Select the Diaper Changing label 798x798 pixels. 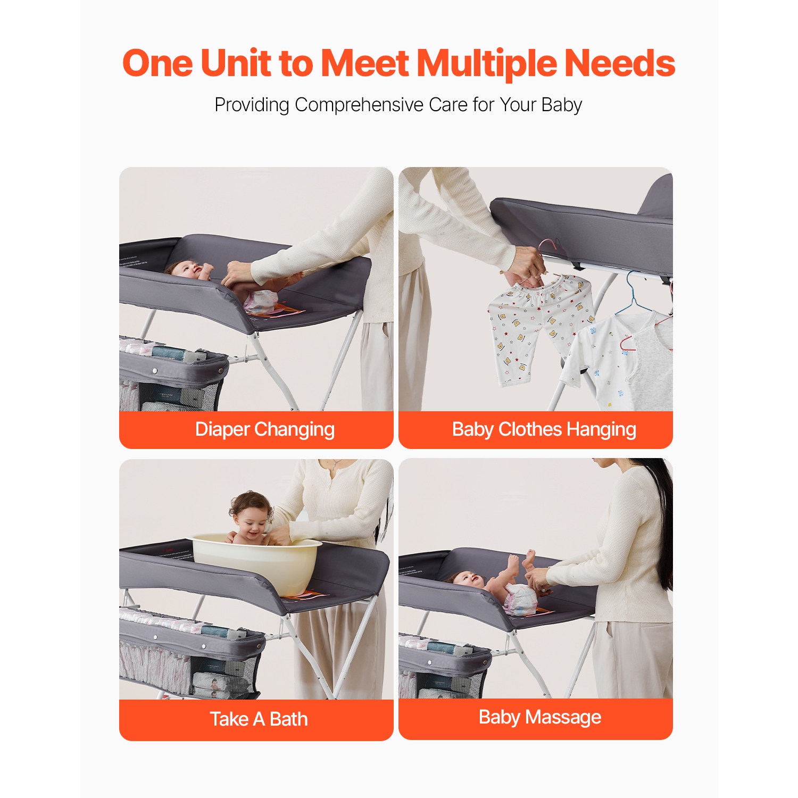click(264, 429)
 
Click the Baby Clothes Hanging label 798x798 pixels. click(544, 429)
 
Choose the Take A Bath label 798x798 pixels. click(259, 719)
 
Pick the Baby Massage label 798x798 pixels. click(540, 717)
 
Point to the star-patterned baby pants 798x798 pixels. click(540, 327)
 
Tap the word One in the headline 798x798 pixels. click(158, 63)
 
